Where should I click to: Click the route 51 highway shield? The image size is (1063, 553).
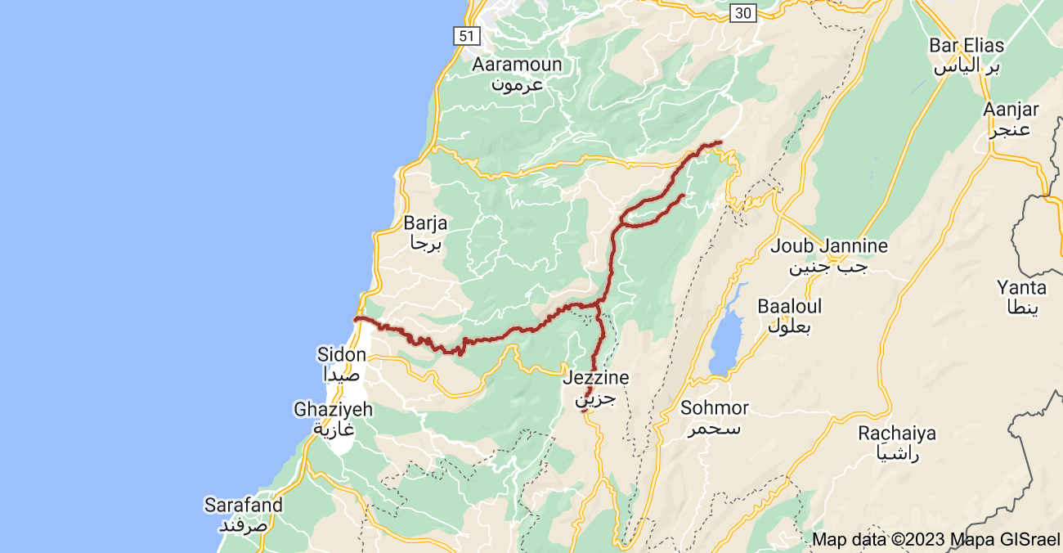tap(466, 36)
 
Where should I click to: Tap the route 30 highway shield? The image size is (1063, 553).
tap(742, 12)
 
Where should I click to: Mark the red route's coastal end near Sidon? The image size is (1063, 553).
tap(356, 318)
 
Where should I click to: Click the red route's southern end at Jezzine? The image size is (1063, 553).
tap(584, 411)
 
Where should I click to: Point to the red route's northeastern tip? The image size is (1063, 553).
tap(720, 143)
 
